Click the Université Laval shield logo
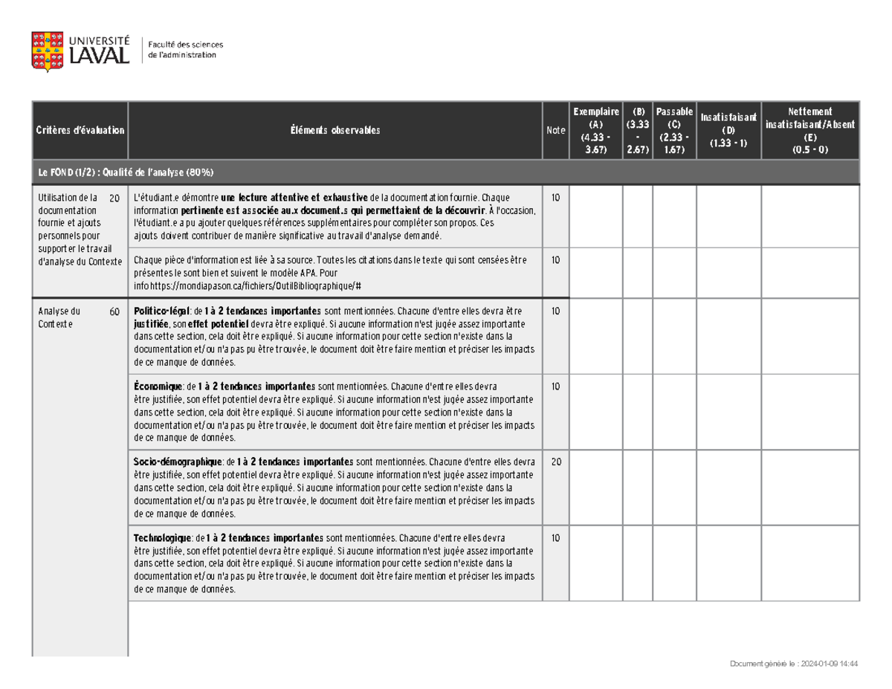point(46,51)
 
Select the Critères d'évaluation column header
point(80,131)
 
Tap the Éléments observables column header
point(335,131)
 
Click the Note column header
point(555,131)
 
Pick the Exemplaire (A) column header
point(596,131)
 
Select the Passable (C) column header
point(673,131)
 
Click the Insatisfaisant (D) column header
point(728,131)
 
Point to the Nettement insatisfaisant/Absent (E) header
point(811,131)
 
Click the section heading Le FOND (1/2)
point(126,172)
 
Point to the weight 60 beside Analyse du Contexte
point(114,312)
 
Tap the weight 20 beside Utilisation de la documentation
point(114,198)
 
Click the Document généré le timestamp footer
point(795,665)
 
